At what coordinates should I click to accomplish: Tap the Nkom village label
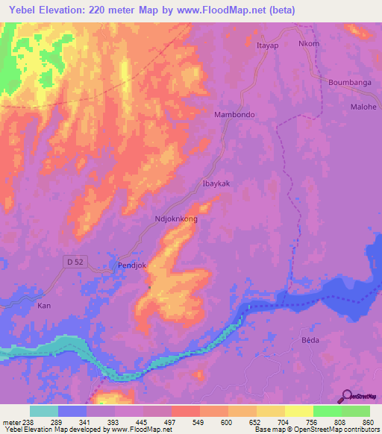click(309, 44)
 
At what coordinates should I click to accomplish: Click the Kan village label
click(45, 306)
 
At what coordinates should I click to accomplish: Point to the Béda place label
click(310, 339)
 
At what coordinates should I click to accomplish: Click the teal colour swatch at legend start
click(43, 411)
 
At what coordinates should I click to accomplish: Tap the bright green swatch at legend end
click(355, 411)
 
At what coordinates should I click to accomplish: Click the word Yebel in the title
click(26, 10)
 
